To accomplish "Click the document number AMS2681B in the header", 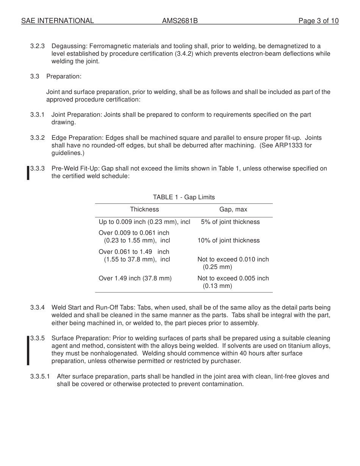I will click(180, 21).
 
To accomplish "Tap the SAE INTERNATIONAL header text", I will click(58, 21).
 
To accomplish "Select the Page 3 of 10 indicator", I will click(318, 21).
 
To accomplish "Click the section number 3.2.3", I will click(38, 46).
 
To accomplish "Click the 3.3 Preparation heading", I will click(56, 77).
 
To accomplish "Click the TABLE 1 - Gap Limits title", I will click(184, 197).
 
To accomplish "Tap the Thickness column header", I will click(144, 210).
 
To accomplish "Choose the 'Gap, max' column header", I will click(233, 210).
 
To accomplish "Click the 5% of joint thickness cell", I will click(230, 222).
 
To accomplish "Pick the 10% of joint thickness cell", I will click(229, 241).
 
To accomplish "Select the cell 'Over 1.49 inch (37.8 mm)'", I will click(135, 278).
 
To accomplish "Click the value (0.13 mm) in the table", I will click(217, 286).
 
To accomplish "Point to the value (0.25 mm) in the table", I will click(217, 267).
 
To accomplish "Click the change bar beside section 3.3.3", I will click(28, 173).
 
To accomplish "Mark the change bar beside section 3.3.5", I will click(28, 350).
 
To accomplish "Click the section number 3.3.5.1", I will click(40, 377).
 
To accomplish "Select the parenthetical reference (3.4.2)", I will click(184, 54).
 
